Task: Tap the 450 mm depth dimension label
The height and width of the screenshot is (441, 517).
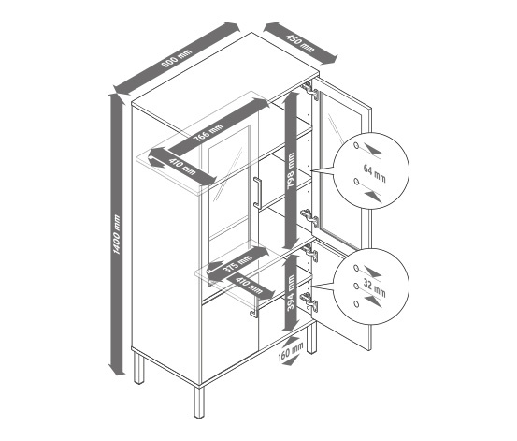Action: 300,43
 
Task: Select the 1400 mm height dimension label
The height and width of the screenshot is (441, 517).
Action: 116,234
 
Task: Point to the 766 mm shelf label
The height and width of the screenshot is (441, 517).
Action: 208,132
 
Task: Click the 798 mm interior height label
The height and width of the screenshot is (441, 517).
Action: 290,170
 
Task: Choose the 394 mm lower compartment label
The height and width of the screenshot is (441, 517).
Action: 291,293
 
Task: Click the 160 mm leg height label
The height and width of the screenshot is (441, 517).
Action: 291,351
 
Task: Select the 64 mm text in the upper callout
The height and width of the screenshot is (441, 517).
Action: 374,173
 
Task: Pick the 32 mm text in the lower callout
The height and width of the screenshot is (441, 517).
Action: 374,287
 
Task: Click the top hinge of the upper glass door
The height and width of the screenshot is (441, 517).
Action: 311,90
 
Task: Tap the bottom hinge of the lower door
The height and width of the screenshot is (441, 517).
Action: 310,301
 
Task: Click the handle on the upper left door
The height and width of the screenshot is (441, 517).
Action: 257,193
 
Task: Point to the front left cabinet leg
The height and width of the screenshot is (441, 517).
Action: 199,402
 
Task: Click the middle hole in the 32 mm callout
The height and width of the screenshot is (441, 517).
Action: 356,286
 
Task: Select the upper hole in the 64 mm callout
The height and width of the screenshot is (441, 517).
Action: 356,146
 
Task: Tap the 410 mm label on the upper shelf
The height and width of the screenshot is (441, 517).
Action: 182,168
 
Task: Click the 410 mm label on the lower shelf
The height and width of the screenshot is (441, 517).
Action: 249,285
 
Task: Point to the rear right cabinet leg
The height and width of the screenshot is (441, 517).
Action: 311,338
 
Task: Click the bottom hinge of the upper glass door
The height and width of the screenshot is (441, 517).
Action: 310,217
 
